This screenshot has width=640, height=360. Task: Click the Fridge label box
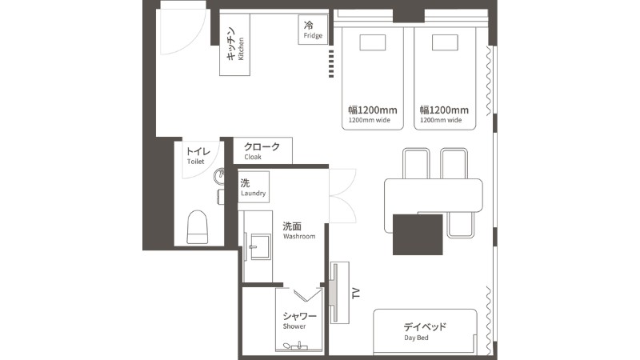tap(313, 30)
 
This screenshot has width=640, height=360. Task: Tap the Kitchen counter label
tap(234, 44)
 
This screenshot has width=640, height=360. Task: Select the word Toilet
tap(195, 162)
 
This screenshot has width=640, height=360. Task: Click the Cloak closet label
tap(262, 150)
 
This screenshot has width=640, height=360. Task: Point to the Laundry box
tap(254, 186)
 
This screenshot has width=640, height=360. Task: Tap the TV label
tap(356, 293)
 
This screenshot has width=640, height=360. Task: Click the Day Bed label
tap(425, 331)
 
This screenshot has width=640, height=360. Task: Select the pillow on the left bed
tap(373, 42)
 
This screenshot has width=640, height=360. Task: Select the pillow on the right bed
tap(445, 42)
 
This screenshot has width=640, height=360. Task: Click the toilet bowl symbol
tap(197, 227)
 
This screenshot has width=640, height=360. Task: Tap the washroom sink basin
tap(260, 246)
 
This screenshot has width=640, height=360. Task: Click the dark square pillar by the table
tap(418, 234)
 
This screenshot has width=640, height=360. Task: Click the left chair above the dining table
tap(416, 163)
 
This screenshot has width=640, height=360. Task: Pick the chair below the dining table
tap(461, 225)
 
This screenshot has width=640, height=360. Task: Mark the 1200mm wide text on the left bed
tap(370, 120)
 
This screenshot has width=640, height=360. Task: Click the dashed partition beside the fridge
tap(331, 64)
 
